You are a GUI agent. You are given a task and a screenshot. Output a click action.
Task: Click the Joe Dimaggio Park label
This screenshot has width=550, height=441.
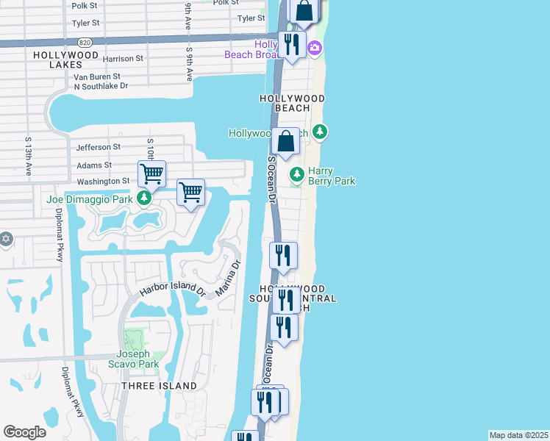coord(89,198)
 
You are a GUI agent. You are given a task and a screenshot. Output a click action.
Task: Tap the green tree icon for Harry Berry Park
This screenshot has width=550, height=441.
coord(297,175)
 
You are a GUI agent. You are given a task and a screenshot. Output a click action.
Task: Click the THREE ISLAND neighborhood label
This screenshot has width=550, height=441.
coord(159,386)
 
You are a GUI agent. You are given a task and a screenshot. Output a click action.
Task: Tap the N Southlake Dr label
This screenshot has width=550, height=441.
coord(101,86)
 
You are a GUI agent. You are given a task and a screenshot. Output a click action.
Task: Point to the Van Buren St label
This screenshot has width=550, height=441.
coord(96,76)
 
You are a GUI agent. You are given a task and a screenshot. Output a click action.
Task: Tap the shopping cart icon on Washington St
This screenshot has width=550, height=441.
coord(151,175)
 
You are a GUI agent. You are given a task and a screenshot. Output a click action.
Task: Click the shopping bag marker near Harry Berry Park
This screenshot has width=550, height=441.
coord(285,141)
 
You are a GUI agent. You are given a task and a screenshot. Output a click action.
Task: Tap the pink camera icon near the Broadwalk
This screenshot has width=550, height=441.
coord(315,49)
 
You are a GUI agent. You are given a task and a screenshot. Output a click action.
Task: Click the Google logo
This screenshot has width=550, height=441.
coord(25,432)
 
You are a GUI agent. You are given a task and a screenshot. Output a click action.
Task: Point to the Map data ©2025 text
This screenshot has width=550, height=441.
coord(518,435)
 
